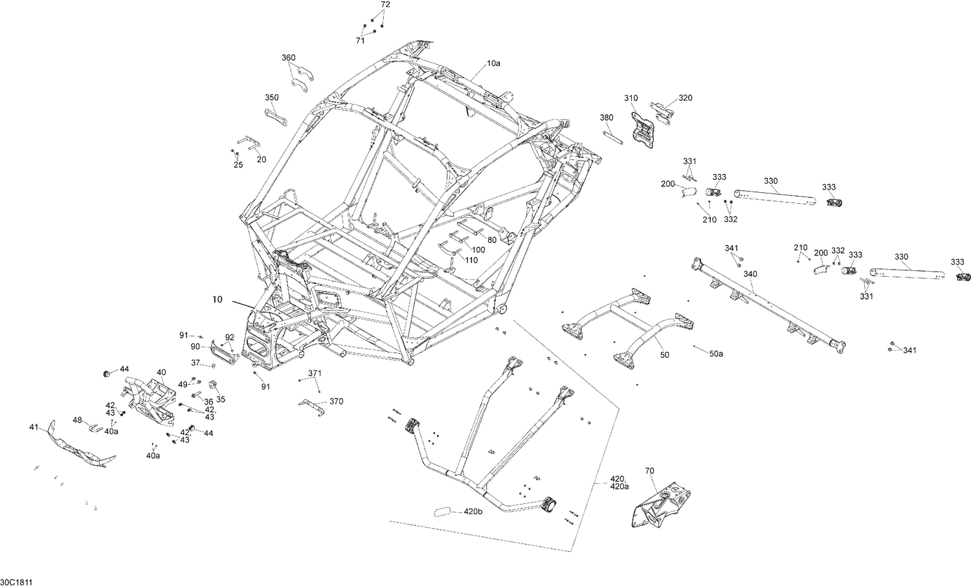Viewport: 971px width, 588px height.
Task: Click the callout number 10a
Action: (x=493, y=63)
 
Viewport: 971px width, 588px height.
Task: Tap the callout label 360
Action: (x=288, y=58)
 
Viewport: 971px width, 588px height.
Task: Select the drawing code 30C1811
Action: (x=17, y=582)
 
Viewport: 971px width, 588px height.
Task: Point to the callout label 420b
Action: (x=473, y=512)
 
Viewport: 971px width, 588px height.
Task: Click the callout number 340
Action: (x=750, y=274)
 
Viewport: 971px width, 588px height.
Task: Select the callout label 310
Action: (x=631, y=98)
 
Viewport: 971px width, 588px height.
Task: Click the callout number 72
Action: (x=385, y=5)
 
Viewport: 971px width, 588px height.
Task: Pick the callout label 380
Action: (x=606, y=118)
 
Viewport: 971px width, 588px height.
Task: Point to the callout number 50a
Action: (x=716, y=354)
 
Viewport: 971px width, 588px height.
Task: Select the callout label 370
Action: (x=336, y=401)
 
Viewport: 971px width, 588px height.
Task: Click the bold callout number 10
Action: (x=217, y=299)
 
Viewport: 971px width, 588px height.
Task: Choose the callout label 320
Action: (x=685, y=98)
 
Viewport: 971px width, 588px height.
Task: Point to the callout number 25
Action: (x=238, y=165)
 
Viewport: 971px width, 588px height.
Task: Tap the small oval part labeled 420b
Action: (x=443, y=512)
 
